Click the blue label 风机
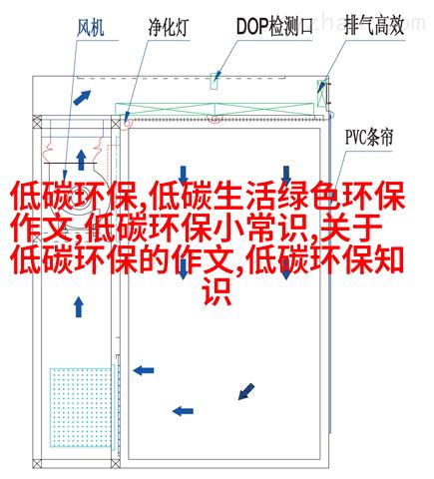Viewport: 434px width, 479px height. [90, 27]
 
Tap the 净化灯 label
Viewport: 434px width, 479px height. [168, 27]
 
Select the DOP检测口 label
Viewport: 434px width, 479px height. [274, 27]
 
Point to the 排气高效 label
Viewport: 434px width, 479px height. [374, 26]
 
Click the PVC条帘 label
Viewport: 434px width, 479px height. [369, 137]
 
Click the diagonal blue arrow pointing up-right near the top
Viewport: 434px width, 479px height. [82, 98]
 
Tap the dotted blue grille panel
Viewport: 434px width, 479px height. [81, 407]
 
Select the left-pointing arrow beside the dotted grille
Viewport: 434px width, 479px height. [144, 370]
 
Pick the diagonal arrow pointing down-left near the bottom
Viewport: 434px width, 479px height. [246, 391]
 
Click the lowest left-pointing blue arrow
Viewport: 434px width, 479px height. [183, 411]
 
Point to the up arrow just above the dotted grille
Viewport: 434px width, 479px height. [79, 307]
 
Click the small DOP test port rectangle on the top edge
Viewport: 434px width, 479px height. [215, 81]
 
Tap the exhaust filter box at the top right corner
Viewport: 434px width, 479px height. [322, 93]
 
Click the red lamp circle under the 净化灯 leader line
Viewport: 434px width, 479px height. [128, 123]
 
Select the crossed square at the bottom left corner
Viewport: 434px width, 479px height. [37, 463]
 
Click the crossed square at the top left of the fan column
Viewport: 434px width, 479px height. [37, 123]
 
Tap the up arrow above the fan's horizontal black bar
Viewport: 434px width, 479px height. [81, 160]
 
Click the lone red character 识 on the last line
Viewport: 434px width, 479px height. [217, 291]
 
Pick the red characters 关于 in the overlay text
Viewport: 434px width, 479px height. [350, 228]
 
